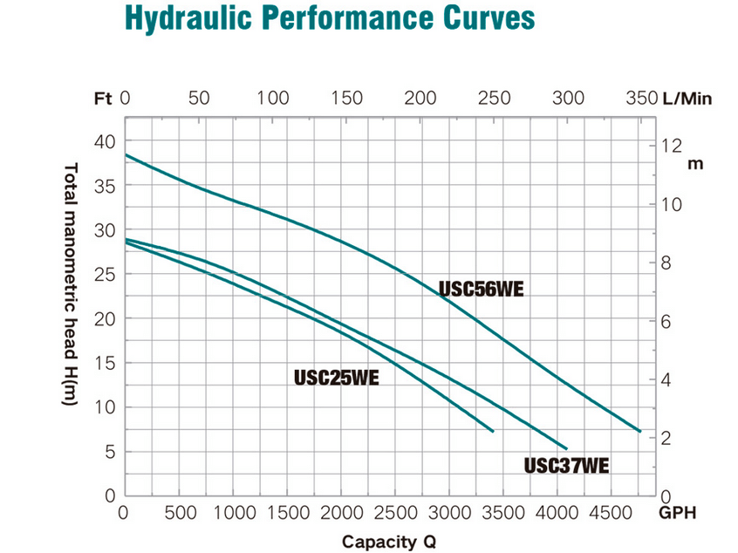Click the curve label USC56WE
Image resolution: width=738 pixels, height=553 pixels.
click(481, 290)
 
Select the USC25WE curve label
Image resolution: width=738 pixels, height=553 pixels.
click(337, 378)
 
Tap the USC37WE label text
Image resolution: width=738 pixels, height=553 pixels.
click(566, 465)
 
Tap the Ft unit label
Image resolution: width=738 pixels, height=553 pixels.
click(103, 99)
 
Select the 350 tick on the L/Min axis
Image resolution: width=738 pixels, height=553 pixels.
click(641, 99)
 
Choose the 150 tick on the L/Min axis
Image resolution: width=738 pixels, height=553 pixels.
click(347, 99)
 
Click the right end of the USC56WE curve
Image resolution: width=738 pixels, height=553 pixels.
click(640, 431)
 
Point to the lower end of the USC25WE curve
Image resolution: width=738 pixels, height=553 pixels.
click(493, 431)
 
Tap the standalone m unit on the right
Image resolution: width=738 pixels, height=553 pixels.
click(695, 164)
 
